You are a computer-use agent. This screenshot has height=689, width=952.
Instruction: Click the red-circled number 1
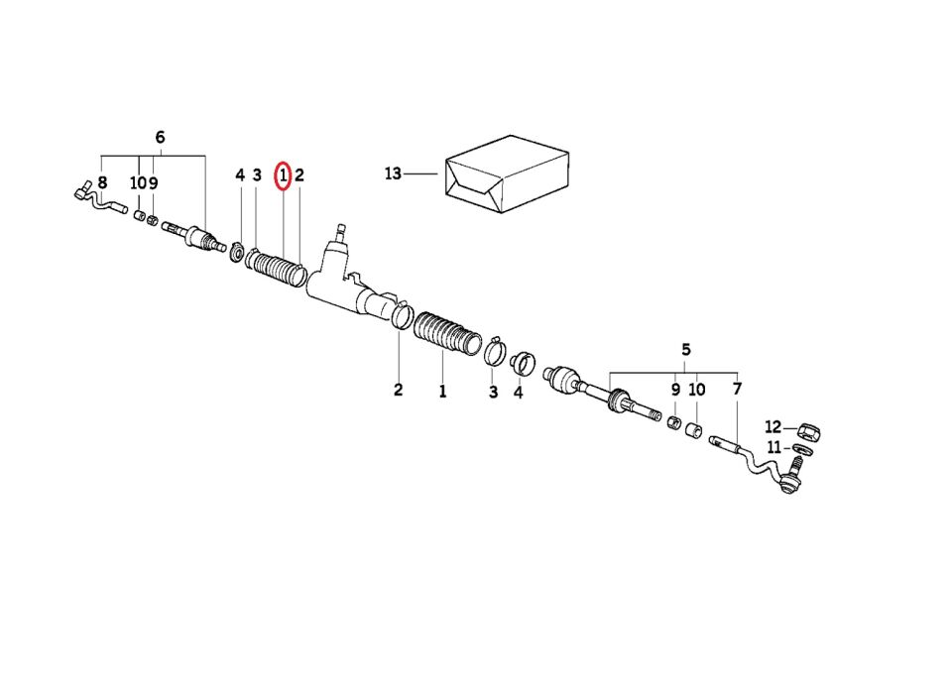point(283,176)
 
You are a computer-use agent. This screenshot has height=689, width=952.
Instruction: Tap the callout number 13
point(393,173)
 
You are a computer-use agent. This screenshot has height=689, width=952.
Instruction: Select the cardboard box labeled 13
point(507,173)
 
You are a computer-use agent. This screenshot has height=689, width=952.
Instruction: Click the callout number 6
point(160,137)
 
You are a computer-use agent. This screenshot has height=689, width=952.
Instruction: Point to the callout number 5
point(686,350)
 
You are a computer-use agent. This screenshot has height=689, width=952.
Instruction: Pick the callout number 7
point(737,389)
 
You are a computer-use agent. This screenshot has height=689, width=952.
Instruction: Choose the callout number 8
point(102,182)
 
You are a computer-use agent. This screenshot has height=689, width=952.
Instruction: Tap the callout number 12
point(773,426)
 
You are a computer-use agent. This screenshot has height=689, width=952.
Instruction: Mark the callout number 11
point(773,448)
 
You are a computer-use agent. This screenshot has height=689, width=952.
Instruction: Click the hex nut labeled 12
point(809,433)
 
